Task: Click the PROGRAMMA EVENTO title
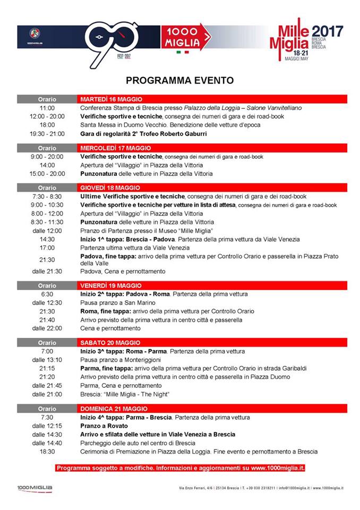(179, 81)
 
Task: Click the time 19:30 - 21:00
(47, 133)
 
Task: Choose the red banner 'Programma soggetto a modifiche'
(180, 468)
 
